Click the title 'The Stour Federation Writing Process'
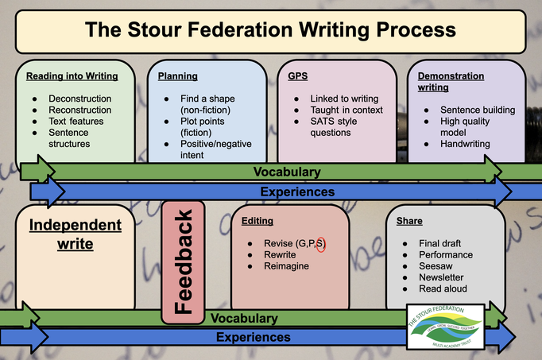click(x=270, y=31)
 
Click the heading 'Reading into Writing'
click(x=72, y=76)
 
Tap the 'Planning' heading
click(x=178, y=76)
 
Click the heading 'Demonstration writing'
click(x=451, y=82)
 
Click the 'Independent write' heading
click(x=75, y=234)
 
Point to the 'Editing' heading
click(x=257, y=221)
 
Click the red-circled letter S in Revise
click(x=320, y=243)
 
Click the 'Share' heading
click(x=408, y=221)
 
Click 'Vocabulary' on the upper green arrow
click(x=286, y=171)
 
